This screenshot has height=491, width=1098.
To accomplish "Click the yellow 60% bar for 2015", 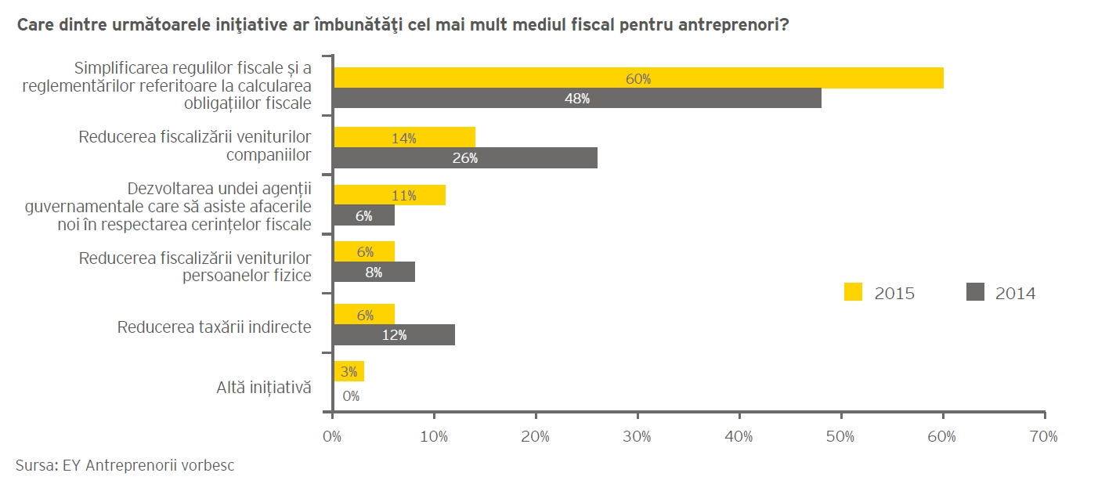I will pos(638,78).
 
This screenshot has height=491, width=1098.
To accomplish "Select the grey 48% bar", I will pos(577,99).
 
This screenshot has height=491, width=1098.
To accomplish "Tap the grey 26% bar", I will pos(465,157).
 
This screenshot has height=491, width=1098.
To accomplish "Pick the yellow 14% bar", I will pos(404,138).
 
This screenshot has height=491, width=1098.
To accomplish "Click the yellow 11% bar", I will pos(389,195).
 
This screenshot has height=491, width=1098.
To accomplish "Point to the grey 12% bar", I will pos(394,335).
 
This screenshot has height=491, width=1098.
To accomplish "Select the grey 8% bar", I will pos(374,273).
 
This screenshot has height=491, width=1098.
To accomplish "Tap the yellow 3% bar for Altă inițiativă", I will pos(349,372).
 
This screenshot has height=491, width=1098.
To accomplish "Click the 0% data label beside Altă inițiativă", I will pos(351,396).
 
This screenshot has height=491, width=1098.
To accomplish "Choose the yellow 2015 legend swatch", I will pos(853,293).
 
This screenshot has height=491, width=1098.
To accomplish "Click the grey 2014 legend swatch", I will pos(974,293).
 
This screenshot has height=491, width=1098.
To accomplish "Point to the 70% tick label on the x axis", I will pos(1044,436).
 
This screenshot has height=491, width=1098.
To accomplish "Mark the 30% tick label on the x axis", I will pos(637,436).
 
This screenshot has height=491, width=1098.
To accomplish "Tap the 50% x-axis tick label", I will pos(840,436).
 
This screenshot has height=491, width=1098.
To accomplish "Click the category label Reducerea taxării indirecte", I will pos(214,327).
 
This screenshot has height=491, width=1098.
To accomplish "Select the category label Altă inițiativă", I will pos(264,387).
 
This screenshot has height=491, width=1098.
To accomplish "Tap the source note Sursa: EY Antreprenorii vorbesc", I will pos(125,465).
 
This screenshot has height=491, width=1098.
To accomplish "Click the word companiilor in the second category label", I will pos(269,154).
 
